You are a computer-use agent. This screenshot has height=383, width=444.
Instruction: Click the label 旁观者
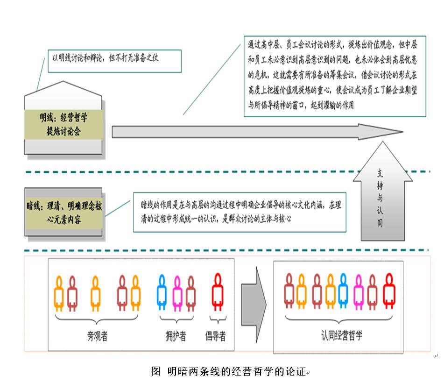(97, 336)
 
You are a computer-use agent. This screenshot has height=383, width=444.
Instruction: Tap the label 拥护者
(176, 336)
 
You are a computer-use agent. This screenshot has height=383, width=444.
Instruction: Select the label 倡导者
(216, 336)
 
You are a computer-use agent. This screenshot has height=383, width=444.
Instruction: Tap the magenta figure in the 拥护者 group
(177, 293)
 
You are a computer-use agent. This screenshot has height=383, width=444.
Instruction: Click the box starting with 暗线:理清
(63, 212)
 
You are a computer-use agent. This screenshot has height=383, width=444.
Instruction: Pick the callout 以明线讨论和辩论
(114, 60)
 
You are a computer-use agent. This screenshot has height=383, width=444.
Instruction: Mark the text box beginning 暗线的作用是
(240, 212)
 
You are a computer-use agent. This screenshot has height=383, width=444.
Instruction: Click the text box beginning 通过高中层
(335, 76)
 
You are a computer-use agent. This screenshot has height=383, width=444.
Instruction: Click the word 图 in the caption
(156, 372)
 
